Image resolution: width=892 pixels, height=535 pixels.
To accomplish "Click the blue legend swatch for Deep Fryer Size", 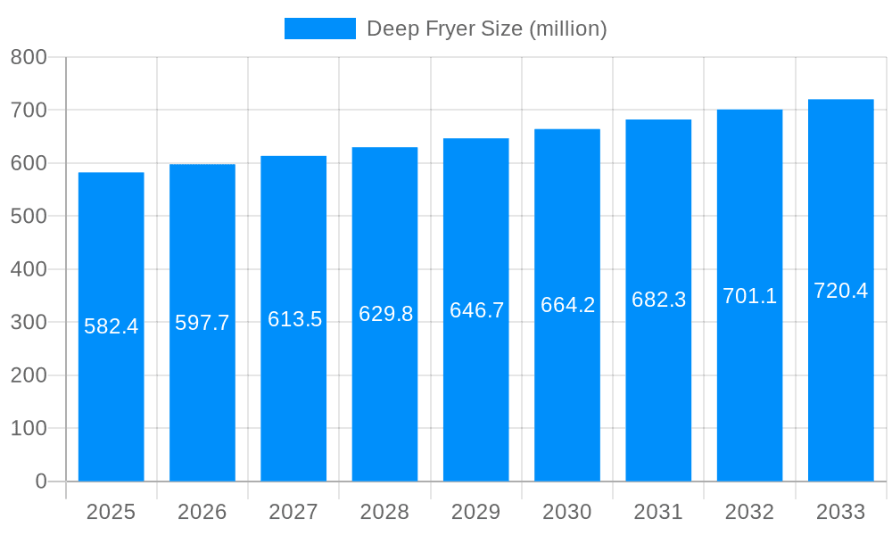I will (319, 29).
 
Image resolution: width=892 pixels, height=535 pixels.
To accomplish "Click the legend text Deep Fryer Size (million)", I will (487, 29).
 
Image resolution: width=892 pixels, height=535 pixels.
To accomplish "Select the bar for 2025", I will (111, 401).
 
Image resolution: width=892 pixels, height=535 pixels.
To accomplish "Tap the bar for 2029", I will (476, 401).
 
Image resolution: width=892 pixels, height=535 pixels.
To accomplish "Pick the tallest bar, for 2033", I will (841, 401).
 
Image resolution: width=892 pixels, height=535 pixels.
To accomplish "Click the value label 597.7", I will (202, 323).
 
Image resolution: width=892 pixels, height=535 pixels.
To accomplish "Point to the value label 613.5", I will (294, 319).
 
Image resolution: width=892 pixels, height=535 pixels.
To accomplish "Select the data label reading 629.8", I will (385, 314).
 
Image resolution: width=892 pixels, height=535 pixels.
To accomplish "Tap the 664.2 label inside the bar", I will (567, 305).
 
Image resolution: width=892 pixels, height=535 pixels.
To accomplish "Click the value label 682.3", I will (658, 300).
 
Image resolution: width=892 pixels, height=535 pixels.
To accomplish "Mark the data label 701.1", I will (749, 296).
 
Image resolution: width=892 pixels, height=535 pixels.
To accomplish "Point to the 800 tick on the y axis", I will (29, 57).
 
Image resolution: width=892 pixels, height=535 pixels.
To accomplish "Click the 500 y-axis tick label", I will (29, 217).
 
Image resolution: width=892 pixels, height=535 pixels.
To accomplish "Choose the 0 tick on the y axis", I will (40, 481).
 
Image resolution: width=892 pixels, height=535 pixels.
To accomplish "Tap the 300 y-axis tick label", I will (29, 322).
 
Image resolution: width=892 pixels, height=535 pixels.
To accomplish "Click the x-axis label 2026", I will (202, 512).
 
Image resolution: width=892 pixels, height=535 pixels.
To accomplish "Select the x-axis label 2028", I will (385, 512).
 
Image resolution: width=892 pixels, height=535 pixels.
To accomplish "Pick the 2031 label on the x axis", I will (658, 512).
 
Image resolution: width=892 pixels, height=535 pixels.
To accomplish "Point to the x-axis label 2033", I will (841, 512).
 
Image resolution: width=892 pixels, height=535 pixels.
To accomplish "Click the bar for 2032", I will (749, 401).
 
